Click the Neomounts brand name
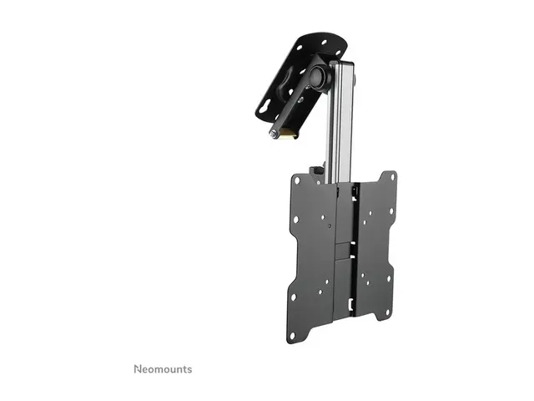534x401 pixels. click(x=163, y=368)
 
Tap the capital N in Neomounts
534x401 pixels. click(x=139, y=368)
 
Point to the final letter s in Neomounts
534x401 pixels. click(x=189, y=369)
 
